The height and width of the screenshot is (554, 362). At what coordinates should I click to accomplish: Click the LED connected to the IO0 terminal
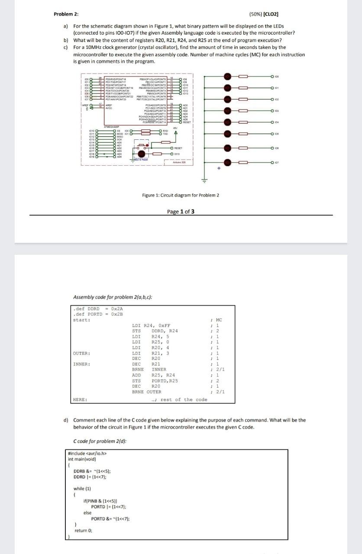(227, 77)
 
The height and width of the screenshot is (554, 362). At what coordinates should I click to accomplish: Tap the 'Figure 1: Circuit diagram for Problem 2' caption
(181, 195)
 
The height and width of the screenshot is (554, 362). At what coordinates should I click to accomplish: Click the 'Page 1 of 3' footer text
(181, 212)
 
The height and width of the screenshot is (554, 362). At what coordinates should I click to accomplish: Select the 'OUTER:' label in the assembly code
(81, 353)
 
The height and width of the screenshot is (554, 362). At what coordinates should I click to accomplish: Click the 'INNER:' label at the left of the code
(81, 364)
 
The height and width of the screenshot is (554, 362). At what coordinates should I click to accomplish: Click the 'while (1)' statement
(82, 488)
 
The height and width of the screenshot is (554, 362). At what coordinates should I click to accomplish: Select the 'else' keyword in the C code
(87, 512)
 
